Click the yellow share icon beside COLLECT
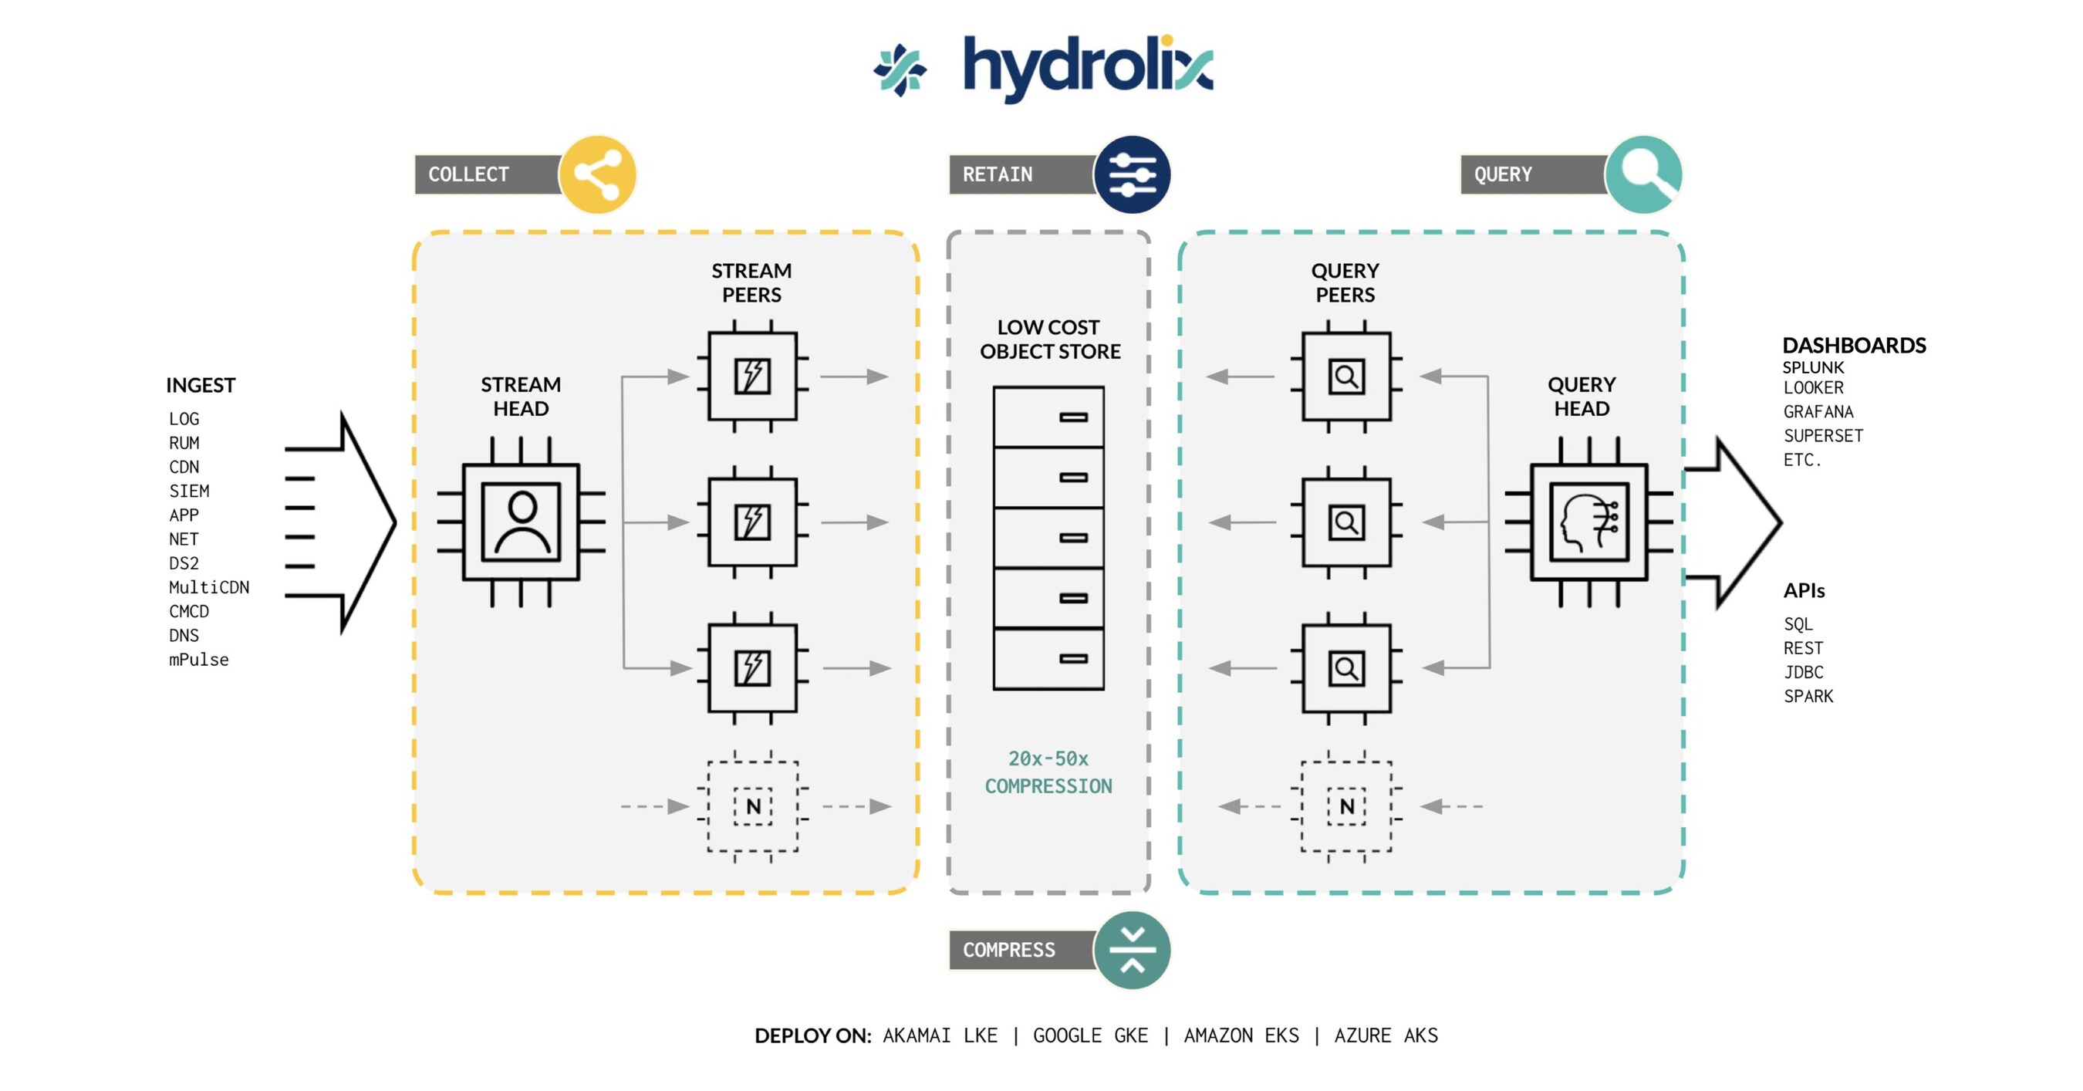click(598, 174)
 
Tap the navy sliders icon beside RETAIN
click(1131, 174)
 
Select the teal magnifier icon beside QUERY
click(1643, 174)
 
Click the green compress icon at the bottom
click(1131, 950)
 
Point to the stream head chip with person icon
click(521, 522)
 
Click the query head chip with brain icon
click(1588, 522)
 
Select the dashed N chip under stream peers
click(752, 806)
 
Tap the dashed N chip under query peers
click(1345, 806)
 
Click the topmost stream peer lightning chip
click(752, 376)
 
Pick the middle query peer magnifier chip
click(1345, 522)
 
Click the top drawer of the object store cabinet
click(1048, 417)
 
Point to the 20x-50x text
click(1048, 758)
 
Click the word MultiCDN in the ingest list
click(208, 587)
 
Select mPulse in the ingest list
click(198, 660)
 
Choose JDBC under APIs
click(1803, 672)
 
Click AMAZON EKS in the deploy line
click(1241, 1035)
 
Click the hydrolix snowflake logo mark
click(900, 70)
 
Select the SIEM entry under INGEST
click(189, 491)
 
